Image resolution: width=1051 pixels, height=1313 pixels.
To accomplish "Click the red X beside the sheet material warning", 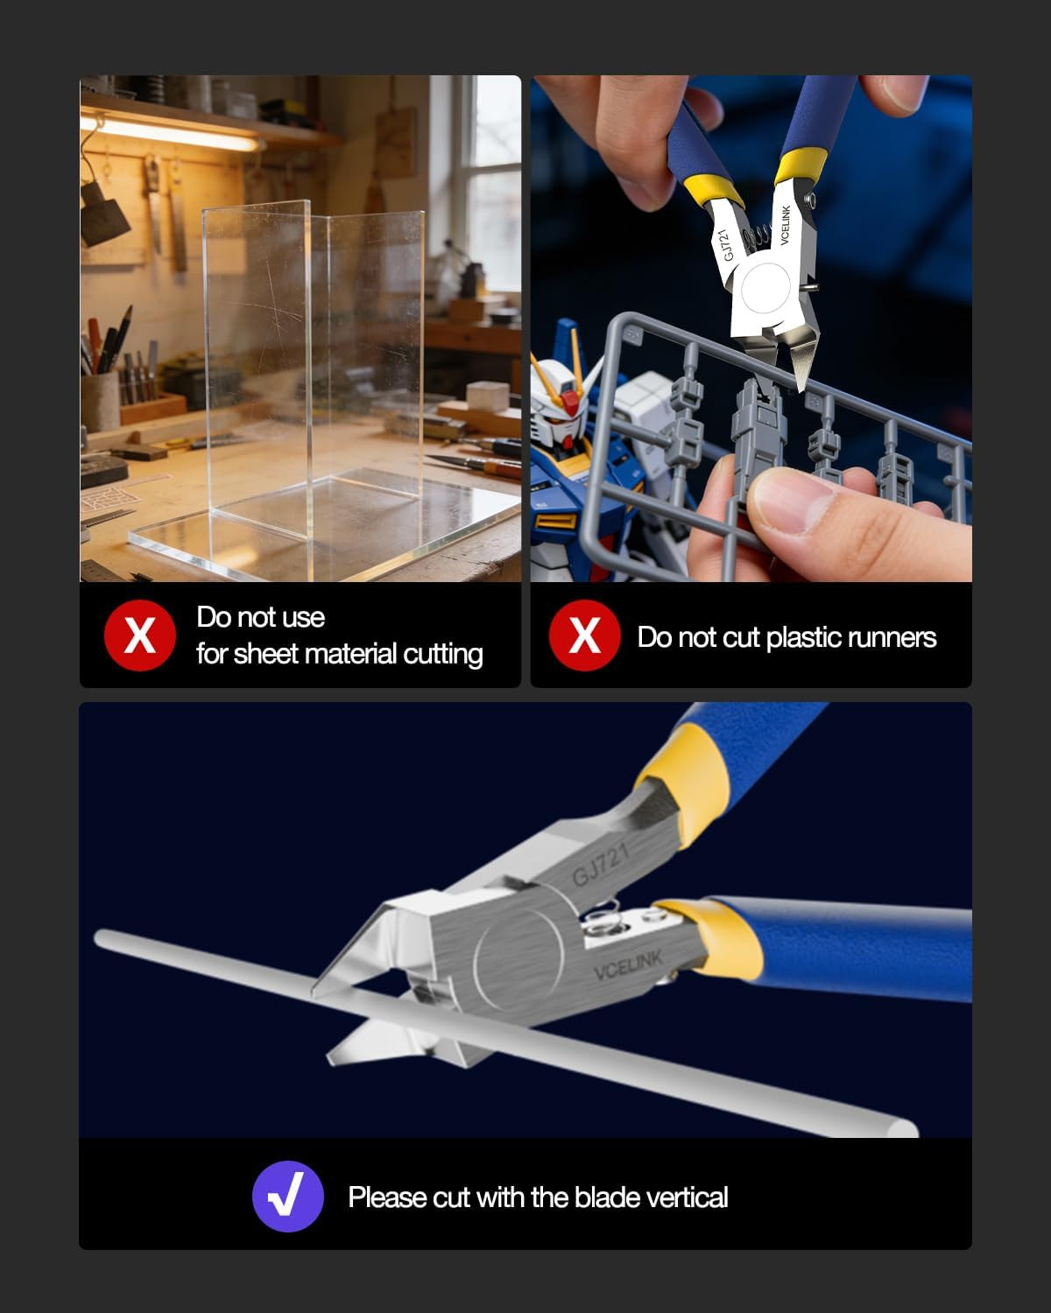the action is pos(140,635).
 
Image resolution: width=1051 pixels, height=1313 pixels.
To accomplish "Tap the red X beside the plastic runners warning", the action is pos(584,635).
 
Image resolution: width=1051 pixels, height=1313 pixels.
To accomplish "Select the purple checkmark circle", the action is pos(287,1197).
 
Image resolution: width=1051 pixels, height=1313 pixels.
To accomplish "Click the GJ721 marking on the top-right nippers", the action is pos(727,245).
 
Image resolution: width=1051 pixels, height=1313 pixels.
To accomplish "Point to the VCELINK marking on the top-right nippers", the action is pos(786,225).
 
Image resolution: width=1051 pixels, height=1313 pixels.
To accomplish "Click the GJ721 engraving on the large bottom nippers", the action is pos(600,864).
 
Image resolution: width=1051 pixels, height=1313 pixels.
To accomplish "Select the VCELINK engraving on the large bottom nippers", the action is pos(628,965).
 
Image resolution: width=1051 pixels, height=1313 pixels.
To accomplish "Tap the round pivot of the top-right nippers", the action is pos(765,288).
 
